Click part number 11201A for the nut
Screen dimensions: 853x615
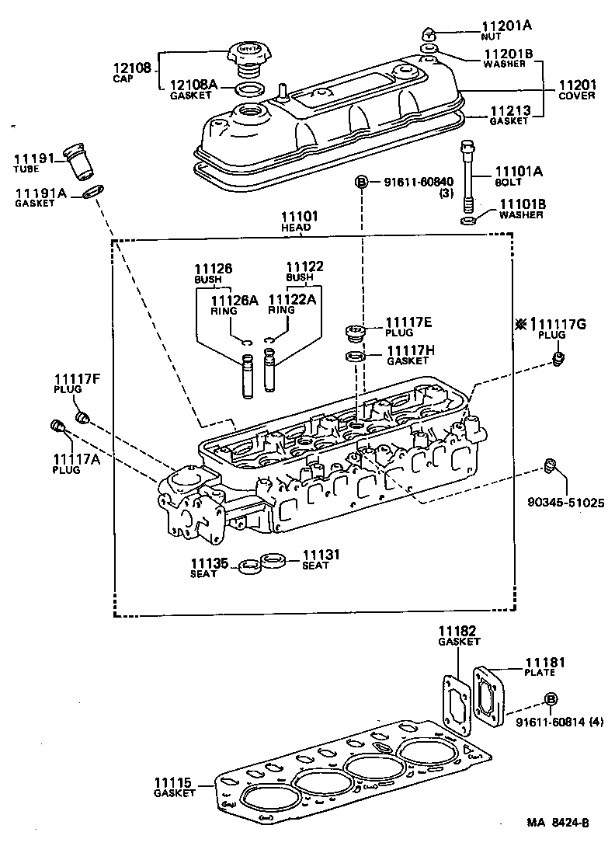click(506, 25)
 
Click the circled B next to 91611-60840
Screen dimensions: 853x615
click(361, 182)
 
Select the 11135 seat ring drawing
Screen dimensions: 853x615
click(248, 565)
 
